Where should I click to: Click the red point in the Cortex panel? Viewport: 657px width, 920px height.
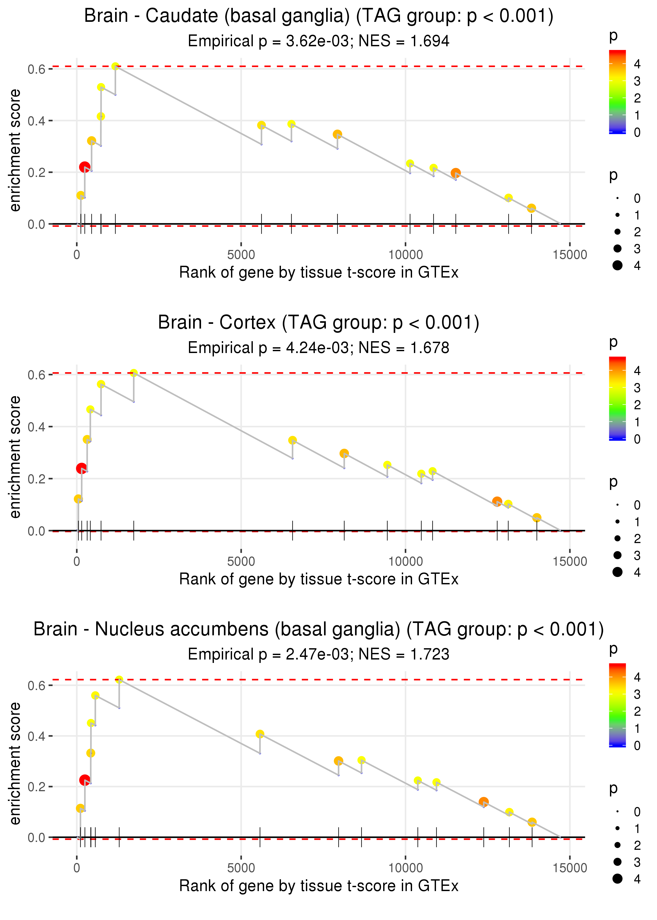(x=81, y=468)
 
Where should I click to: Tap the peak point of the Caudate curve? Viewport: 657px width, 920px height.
(x=115, y=66)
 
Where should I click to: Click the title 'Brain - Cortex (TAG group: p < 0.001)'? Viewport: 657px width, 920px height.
(x=319, y=323)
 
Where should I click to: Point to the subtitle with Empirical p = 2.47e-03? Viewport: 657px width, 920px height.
(x=270, y=654)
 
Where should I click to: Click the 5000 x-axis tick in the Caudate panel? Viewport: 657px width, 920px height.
(x=241, y=255)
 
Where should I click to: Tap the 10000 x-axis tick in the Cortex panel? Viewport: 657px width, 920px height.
(x=405, y=561)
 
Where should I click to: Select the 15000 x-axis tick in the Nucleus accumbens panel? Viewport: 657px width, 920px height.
(x=569, y=868)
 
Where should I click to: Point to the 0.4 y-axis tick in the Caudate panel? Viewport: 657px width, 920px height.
(x=37, y=121)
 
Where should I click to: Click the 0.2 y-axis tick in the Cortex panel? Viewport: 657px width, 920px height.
(x=37, y=479)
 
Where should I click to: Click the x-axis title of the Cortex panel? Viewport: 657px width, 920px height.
(x=319, y=579)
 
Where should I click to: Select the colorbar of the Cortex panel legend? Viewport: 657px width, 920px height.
(x=617, y=398)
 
